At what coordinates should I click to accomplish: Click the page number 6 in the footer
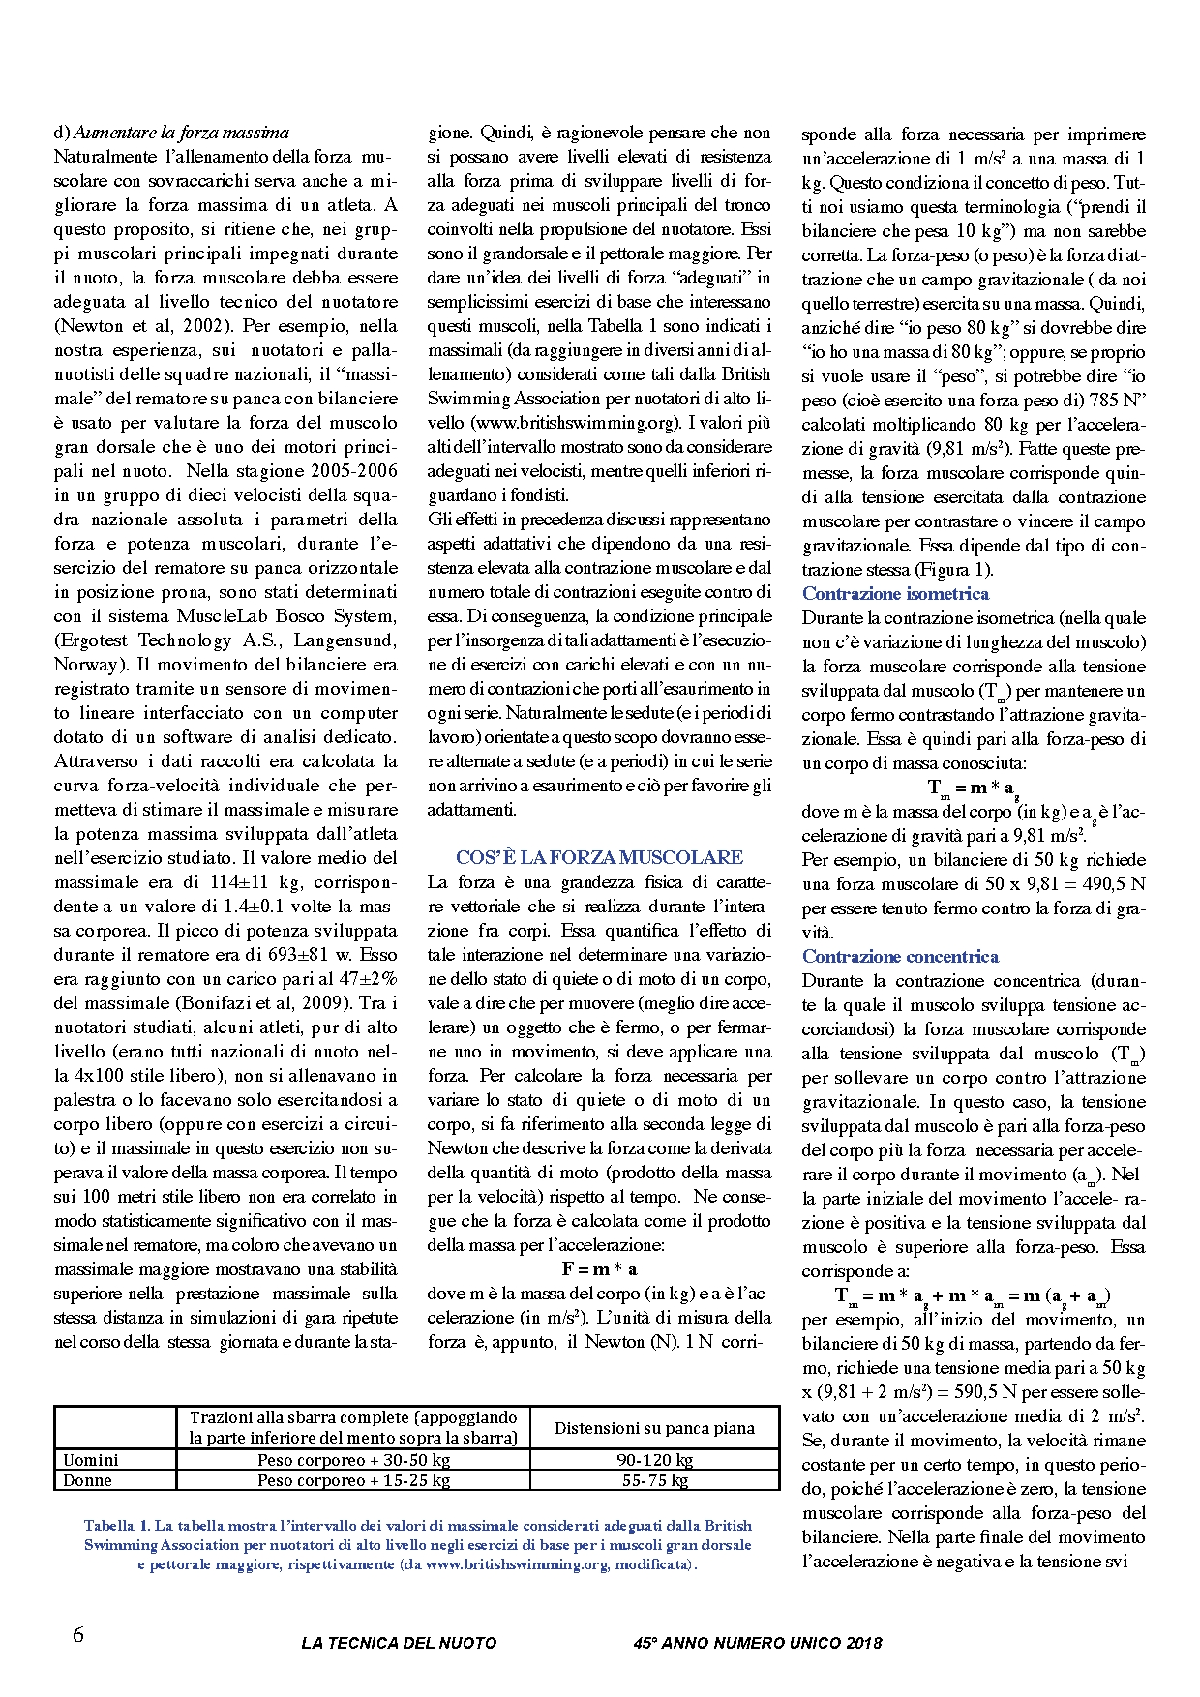78,1636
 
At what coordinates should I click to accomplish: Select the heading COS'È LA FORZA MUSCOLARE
599,857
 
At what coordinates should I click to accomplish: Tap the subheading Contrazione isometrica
895,593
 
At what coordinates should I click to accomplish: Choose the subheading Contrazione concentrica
900,956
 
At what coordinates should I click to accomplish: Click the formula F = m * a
599,1268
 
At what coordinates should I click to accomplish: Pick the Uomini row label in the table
91,1460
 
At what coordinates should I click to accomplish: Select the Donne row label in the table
87,1480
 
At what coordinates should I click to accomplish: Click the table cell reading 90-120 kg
654,1460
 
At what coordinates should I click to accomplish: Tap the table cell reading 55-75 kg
654,1480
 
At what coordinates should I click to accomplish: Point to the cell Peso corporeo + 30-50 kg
353,1460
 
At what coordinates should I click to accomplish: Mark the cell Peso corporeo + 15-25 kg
353,1480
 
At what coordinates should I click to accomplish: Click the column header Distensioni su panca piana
654,1428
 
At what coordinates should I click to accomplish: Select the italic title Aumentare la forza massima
181,133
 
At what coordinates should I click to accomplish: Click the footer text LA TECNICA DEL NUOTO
399,1642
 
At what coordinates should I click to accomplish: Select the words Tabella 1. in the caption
116,1525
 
